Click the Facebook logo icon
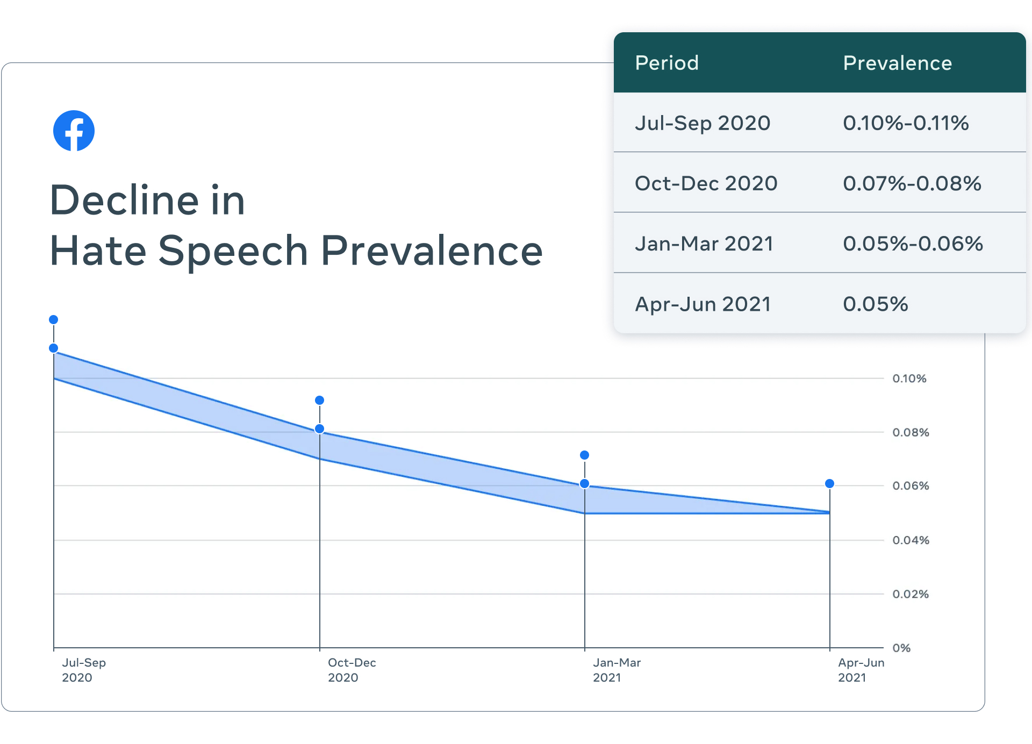click(x=74, y=131)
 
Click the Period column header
click(x=666, y=63)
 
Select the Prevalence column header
click(x=897, y=63)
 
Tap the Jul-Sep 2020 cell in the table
click(x=703, y=123)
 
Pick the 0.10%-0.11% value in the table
click(x=906, y=123)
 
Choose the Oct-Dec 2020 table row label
click(x=706, y=183)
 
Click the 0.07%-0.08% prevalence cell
click(x=912, y=183)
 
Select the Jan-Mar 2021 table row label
click(x=704, y=244)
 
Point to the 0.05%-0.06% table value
click(x=913, y=244)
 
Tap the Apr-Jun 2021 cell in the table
click(x=703, y=304)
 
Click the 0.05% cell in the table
click(x=875, y=304)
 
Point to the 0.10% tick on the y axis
click(x=909, y=378)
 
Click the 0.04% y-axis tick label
click(x=911, y=540)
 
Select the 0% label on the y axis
click(x=901, y=648)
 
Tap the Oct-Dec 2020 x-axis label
click(x=352, y=670)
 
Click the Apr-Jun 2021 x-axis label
click(x=861, y=670)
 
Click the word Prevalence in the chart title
click(x=432, y=251)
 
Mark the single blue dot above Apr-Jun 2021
click(x=829, y=484)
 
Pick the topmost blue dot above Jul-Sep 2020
click(x=53, y=320)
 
